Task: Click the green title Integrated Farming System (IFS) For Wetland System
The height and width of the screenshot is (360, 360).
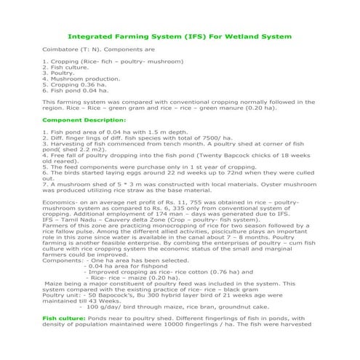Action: [180, 36]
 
